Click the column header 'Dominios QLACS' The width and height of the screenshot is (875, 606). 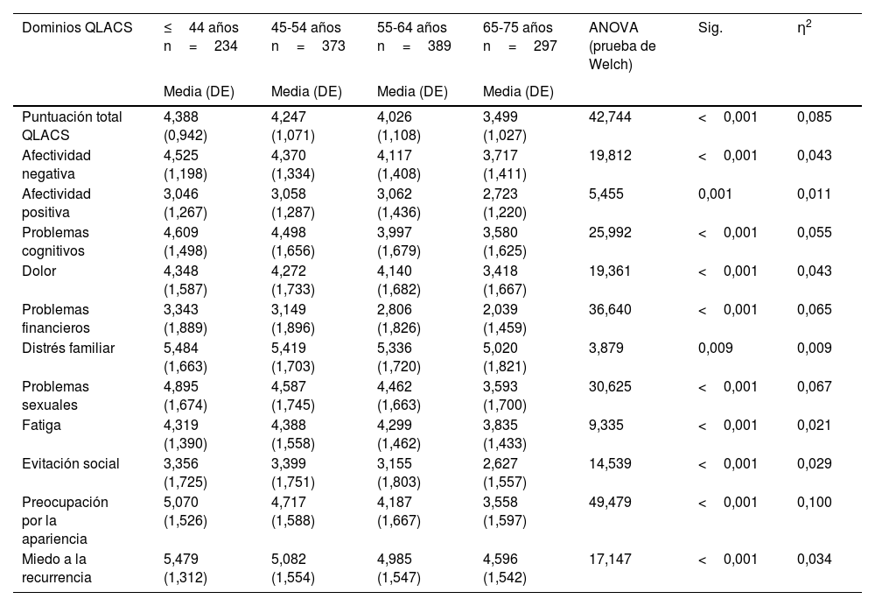tap(77, 28)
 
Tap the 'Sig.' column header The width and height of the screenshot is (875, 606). tap(710, 28)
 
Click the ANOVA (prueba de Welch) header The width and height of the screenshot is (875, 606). tap(623, 46)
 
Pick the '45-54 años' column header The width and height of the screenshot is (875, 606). tap(306, 28)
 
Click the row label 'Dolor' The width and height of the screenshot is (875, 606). tap(38, 271)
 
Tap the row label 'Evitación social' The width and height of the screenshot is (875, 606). tap(71, 463)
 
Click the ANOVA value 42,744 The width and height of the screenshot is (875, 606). tap(611, 116)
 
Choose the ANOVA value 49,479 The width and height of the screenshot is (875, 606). tap(611, 502)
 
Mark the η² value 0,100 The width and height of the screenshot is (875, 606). tap(815, 502)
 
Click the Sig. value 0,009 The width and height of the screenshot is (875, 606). tap(716, 348)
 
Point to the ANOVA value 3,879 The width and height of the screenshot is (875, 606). tap(606, 348)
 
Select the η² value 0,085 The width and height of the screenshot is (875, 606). tap(815, 116)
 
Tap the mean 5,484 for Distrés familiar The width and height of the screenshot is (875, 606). tap(181, 348)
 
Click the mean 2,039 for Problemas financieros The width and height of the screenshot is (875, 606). tap(500, 309)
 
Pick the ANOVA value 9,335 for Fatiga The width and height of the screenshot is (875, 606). tap(606, 425)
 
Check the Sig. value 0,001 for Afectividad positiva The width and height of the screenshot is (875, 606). tap(716, 194)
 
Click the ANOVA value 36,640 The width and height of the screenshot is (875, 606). tap(611, 309)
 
